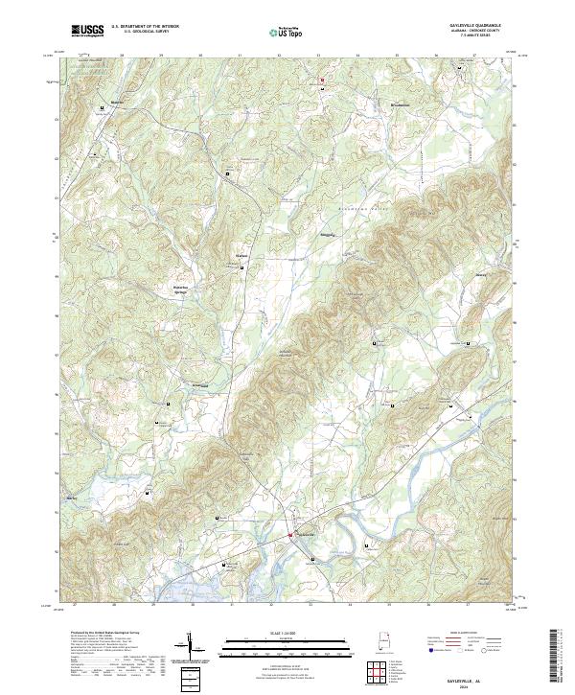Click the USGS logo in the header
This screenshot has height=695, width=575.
(x=87, y=31)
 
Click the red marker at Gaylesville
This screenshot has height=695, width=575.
(x=292, y=535)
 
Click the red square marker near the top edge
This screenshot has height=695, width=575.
(x=323, y=79)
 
